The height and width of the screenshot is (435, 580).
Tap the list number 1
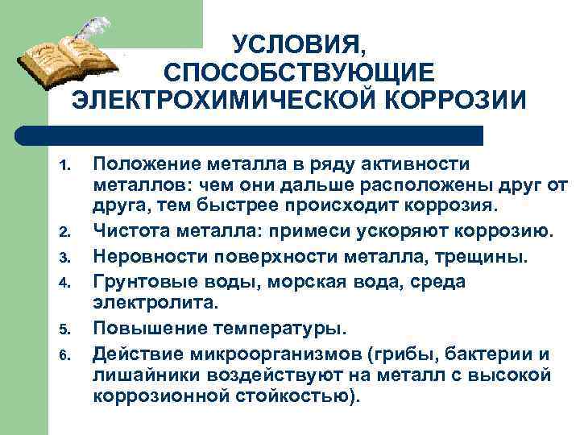(x=64, y=168)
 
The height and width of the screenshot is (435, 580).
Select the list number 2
(x=64, y=233)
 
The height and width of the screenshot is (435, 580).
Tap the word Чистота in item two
(x=128, y=232)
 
